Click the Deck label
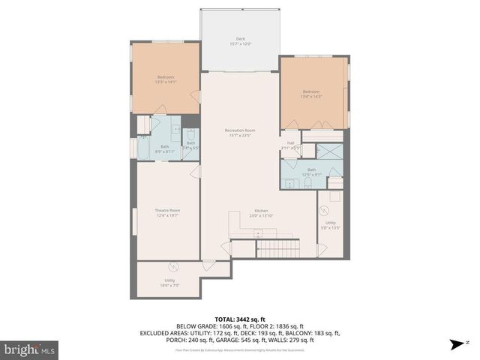pos(240,42)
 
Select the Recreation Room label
pos(240,133)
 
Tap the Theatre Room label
pos(166,213)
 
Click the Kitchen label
pos(260,213)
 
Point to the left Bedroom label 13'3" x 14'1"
pos(166,79)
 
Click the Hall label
pos(291,145)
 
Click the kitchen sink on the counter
pos(258,233)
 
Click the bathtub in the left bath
pos(143,148)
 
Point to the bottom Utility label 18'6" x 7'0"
pos(169,282)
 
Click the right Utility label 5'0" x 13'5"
pos(331,224)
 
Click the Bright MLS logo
pos(31,349)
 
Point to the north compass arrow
pos(455,345)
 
